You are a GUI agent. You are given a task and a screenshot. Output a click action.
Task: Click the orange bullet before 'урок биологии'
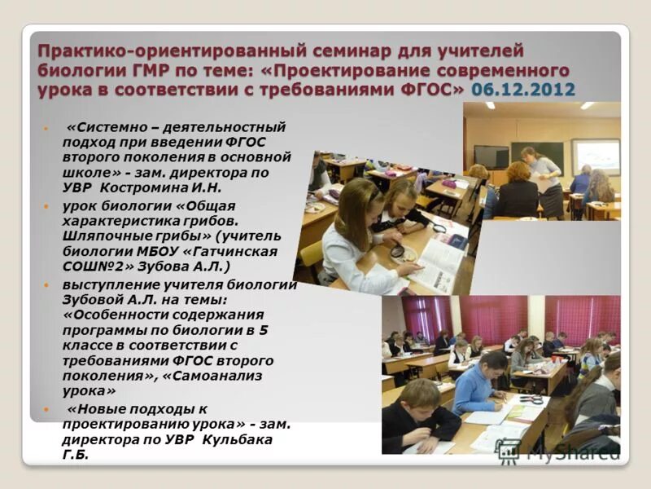(46, 205)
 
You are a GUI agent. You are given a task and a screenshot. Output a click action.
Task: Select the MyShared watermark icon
(509, 450)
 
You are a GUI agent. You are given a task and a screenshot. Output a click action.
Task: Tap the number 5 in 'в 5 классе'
(263, 330)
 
